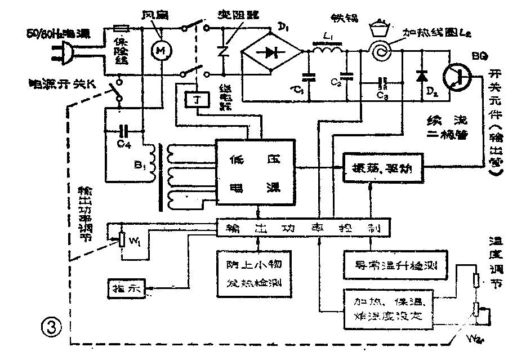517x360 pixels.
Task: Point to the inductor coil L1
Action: [328, 52]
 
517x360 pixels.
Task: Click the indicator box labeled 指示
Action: [126, 288]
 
